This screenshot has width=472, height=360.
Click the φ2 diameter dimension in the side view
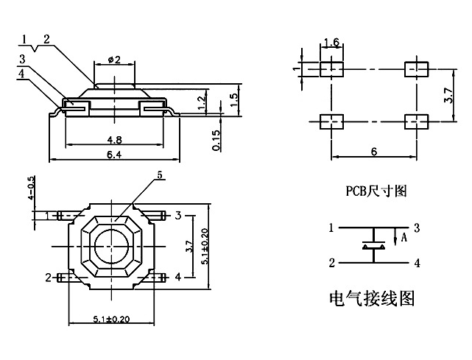tap(114, 60)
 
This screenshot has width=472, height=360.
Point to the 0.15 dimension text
tap(216, 140)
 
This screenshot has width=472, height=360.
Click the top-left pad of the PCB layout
tap(332, 68)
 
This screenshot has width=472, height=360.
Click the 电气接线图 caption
tap(371, 300)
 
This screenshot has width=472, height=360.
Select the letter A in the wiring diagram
tap(403, 238)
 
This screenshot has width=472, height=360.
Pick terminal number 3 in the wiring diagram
tap(417, 227)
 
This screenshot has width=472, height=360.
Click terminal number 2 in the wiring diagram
tap(332, 262)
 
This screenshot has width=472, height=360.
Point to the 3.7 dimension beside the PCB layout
tap(450, 95)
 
